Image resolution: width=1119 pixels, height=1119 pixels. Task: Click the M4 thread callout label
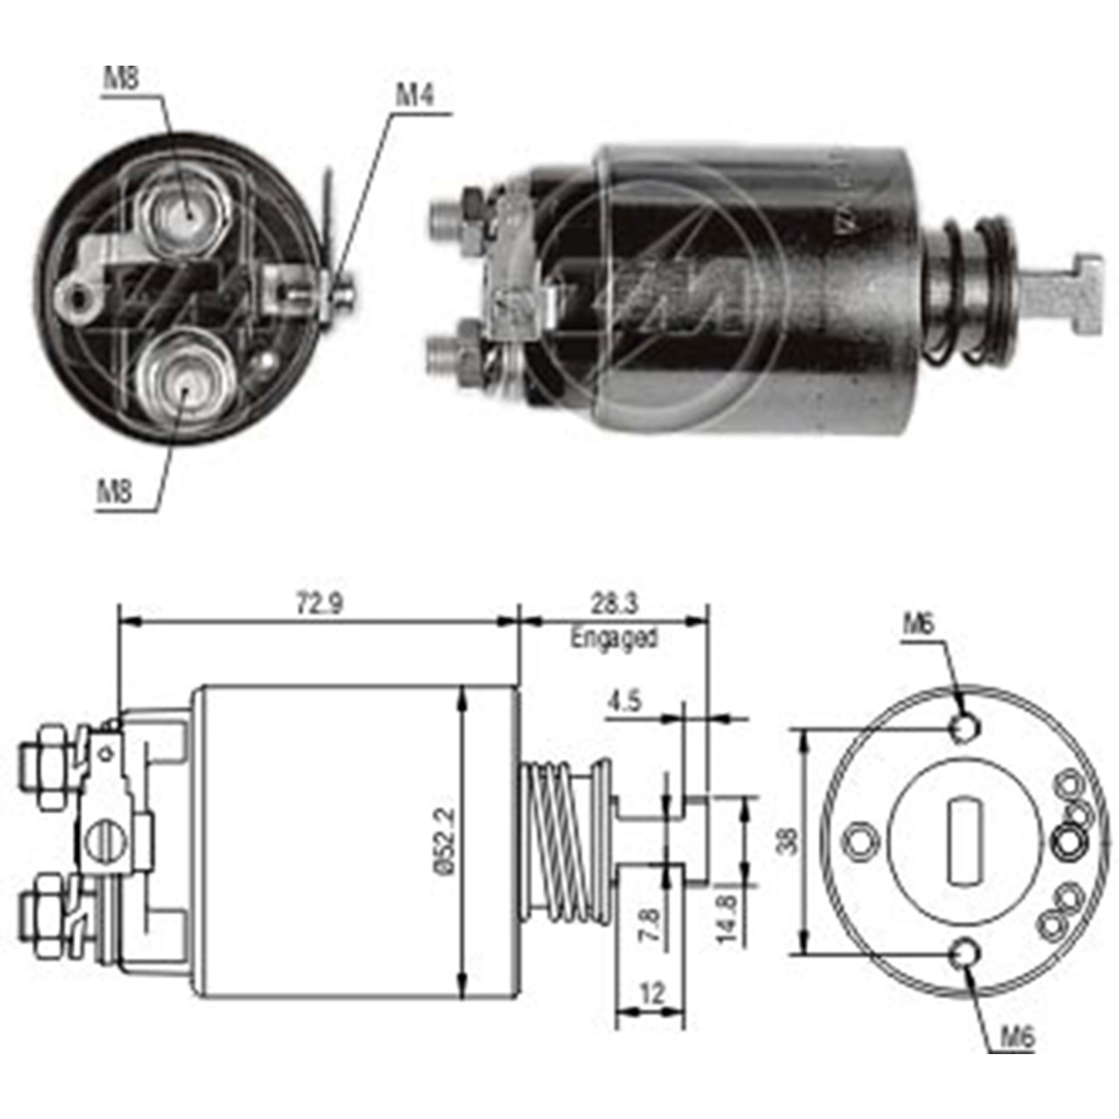[x=415, y=95]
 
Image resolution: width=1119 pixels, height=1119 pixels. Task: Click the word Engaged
[x=614, y=638]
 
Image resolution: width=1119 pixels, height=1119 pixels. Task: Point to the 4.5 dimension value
[x=624, y=702]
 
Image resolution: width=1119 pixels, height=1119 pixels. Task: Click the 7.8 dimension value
[x=651, y=925]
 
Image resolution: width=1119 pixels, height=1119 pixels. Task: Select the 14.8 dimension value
[x=727, y=919]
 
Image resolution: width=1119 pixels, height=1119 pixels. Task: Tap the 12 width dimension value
[x=651, y=994]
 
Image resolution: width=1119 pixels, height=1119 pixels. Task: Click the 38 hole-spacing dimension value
[x=787, y=841]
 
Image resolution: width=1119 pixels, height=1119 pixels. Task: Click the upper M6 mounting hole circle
[x=965, y=727]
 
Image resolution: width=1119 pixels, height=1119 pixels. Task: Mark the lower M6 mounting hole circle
[x=966, y=953]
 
